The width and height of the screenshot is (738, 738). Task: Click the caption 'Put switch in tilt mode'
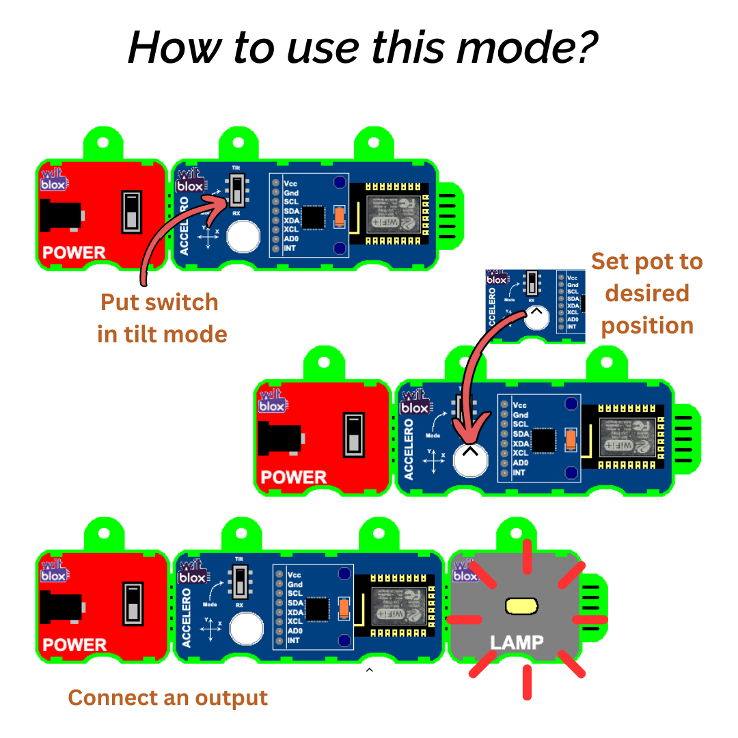point(162,318)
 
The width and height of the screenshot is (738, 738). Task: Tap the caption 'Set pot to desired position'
point(646,293)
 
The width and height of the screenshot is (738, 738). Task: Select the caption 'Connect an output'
point(168,698)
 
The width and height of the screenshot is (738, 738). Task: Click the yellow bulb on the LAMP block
point(521,605)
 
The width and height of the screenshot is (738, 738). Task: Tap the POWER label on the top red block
point(74,253)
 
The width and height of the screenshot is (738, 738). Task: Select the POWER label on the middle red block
point(294,477)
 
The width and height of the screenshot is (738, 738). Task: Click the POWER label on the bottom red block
point(74,644)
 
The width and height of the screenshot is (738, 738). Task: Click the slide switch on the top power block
point(131,212)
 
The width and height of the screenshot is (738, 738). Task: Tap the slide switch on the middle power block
point(353,435)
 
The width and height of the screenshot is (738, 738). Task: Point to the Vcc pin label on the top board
point(290,184)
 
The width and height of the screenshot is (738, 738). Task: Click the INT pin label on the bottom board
point(294,640)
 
